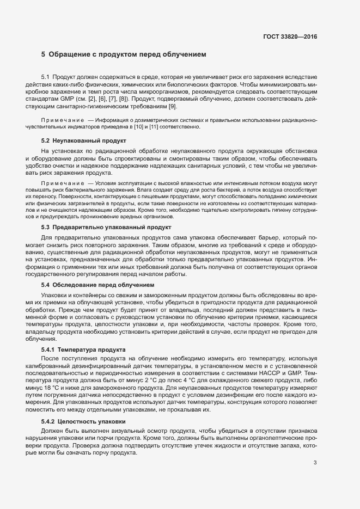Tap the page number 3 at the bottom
point(315,463)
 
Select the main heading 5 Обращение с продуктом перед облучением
point(124,55)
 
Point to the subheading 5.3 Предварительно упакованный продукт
point(106,228)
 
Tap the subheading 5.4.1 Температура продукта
point(83,349)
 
